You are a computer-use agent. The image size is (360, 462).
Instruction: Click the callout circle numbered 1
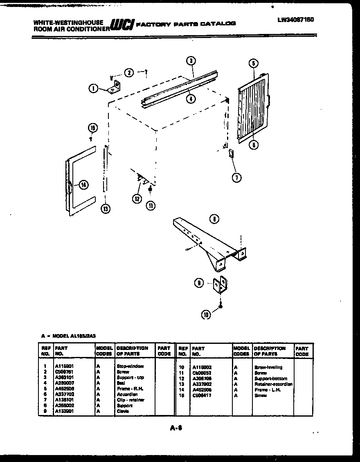pyautogui.click(x=94, y=88)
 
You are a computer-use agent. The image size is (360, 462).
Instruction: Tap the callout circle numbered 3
pyautogui.click(x=190, y=61)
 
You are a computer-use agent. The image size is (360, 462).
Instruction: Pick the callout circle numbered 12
pyautogui.click(x=136, y=199)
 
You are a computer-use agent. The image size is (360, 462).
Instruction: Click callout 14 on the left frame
pyautogui.click(x=83, y=185)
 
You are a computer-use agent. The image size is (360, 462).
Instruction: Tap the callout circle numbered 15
pyautogui.click(x=92, y=128)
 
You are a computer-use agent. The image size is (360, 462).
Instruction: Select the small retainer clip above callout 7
pyautogui.click(x=230, y=154)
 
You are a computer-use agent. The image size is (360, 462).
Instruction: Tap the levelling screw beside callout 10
pyautogui.click(x=220, y=305)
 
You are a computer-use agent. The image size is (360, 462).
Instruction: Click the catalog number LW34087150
pyautogui.click(x=295, y=19)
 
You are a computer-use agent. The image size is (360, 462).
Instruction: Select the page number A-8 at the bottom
pyautogui.click(x=176, y=428)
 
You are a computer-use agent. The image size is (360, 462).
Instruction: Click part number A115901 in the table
pyautogui.click(x=64, y=367)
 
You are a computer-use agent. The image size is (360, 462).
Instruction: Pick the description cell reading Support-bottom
pyautogui.click(x=270, y=379)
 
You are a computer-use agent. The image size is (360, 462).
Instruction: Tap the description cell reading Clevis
pyautogui.click(x=123, y=411)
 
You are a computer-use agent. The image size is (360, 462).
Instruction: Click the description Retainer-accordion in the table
pyautogui.click(x=273, y=384)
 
